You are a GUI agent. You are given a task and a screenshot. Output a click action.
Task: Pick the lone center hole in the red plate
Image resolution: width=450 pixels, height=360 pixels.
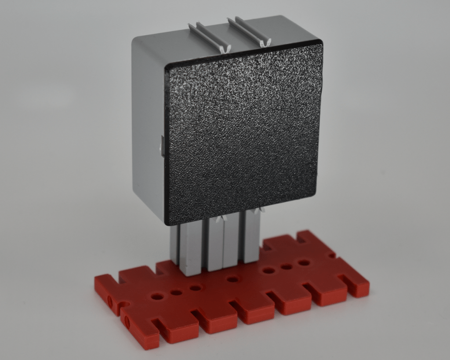(232, 279)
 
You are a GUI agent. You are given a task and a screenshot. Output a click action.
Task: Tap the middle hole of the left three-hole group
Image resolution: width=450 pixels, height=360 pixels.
(176, 292)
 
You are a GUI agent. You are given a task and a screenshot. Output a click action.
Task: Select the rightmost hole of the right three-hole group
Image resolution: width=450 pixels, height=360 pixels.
(304, 263)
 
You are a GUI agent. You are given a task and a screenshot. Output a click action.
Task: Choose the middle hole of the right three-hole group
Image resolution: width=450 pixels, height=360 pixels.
(287, 266)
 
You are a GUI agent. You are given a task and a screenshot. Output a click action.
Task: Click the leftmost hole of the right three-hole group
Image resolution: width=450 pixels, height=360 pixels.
(269, 270)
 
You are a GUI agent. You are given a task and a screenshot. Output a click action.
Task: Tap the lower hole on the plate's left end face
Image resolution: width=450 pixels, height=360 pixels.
(127, 323)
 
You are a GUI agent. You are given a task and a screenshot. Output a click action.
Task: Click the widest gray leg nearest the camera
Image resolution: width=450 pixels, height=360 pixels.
(190, 251)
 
